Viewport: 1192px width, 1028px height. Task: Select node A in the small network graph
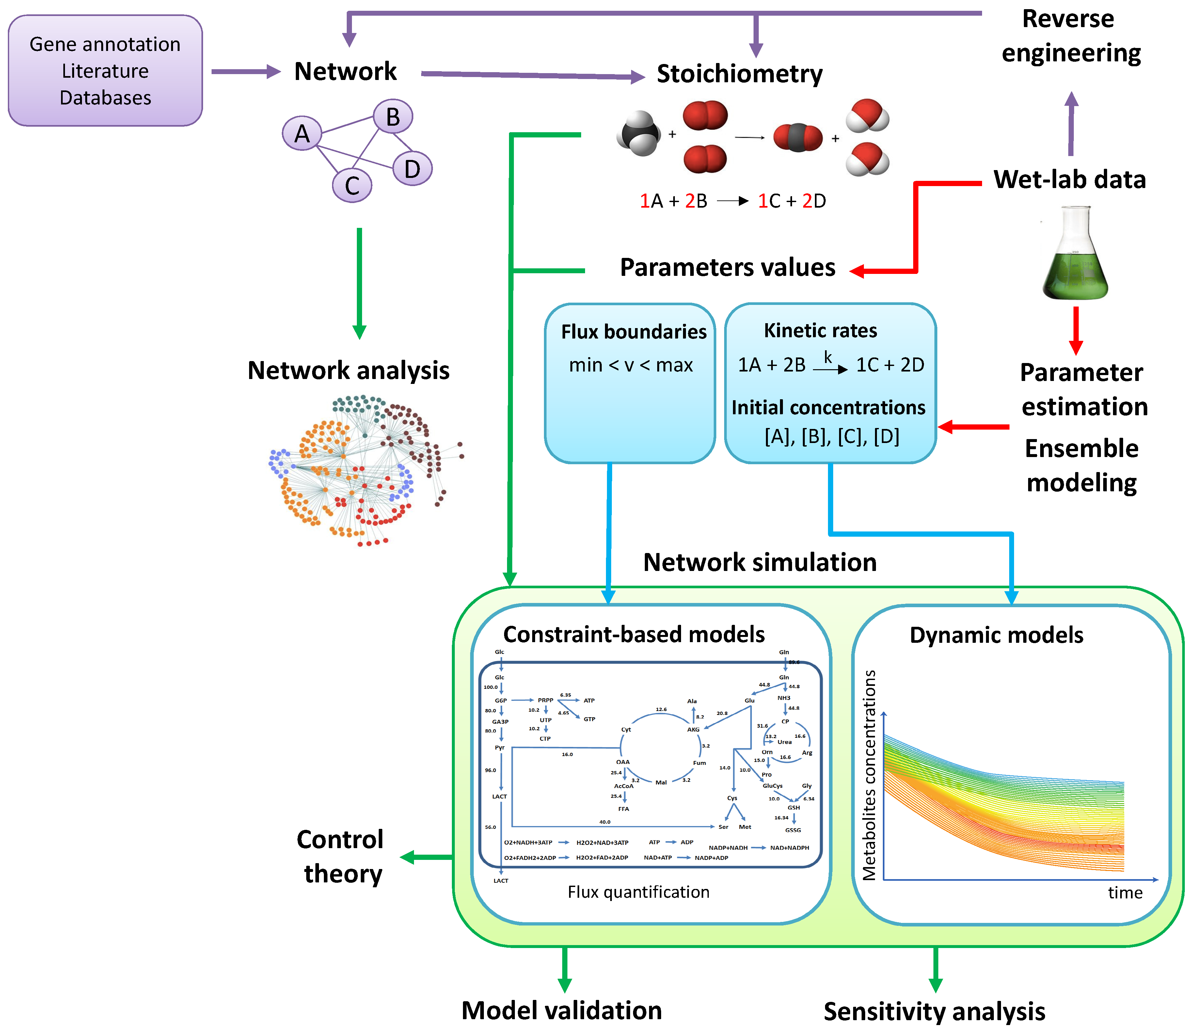(x=301, y=134)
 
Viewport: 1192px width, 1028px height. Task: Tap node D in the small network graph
(x=412, y=168)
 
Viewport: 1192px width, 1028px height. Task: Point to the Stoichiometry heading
(x=739, y=74)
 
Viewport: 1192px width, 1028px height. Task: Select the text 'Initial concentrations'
(x=828, y=407)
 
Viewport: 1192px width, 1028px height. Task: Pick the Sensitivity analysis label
(x=934, y=1011)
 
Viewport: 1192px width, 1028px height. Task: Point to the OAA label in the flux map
(x=623, y=762)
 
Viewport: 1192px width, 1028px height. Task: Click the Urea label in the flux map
(x=784, y=742)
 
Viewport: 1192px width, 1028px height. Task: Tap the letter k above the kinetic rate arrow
(x=828, y=357)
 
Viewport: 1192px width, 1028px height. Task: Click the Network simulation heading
(x=759, y=562)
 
